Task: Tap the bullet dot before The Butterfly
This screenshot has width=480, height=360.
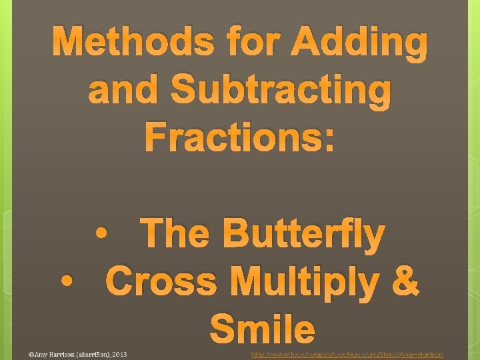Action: (101, 235)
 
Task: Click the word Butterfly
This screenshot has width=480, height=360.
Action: (304, 235)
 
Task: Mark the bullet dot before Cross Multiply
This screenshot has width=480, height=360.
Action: (65, 281)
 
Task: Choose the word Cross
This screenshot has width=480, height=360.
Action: (163, 281)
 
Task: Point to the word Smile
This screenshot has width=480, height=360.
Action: (262, 329)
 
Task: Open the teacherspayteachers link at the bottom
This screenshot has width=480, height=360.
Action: (347, 354)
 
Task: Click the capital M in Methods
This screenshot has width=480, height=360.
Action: (69, 44)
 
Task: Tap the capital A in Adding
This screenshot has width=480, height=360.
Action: (309, 44)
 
